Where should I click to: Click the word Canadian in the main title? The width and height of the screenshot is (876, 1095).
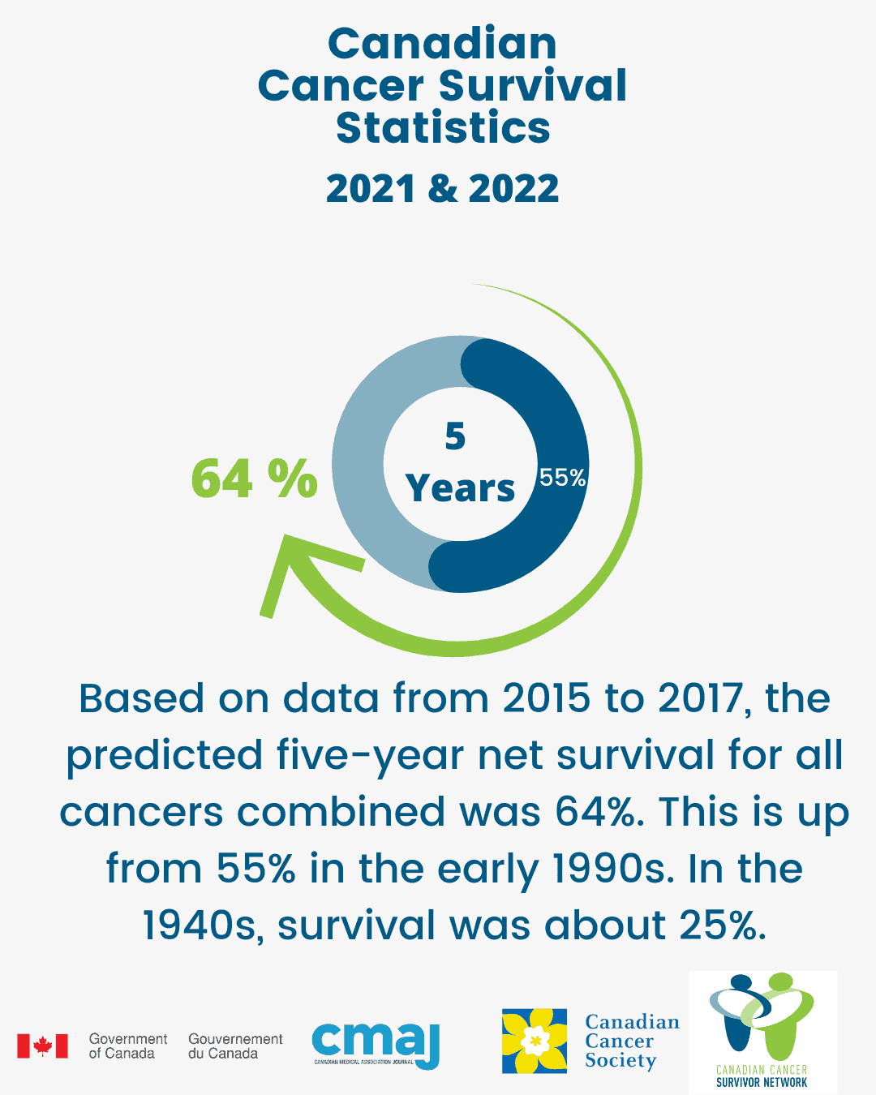click(x=442, y=44)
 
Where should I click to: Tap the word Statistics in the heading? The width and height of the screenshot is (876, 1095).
click(x=443, y=128)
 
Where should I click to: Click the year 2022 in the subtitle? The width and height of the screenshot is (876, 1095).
click(x=513, y=189)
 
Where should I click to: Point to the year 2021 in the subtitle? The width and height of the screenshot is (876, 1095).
click(x=371, y=189)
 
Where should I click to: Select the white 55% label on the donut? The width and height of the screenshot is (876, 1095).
click(x=563, y=478)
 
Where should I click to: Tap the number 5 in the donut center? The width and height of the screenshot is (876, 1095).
click(x=455, y=436)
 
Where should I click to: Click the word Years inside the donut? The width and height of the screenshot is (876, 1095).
click(x=460, y=488)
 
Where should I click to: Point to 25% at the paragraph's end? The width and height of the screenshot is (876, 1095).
click(x=723, y=925)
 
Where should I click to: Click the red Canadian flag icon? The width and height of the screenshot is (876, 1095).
click(x=42, y=1046)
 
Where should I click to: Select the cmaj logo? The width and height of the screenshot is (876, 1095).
click(x=376, y=1045)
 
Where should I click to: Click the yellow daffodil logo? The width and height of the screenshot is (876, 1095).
click(x=534, y=1041)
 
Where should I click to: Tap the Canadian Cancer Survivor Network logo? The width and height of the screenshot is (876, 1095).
click(x=762, y=1030)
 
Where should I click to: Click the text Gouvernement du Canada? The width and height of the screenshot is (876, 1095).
click(x=235, y=1046)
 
